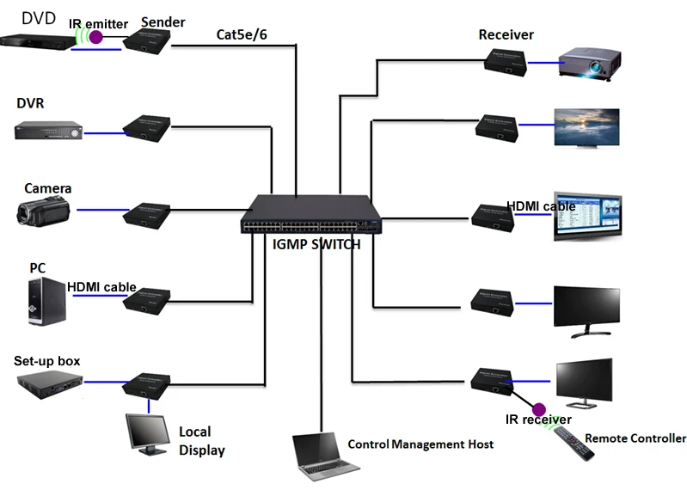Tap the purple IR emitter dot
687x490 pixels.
[97, 38]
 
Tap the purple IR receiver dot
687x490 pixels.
[539, 409]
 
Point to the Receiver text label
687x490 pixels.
[506, 35]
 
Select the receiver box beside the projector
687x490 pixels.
[503, 61]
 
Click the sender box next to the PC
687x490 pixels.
[148, 299]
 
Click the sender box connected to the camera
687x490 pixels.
[148, 212]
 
